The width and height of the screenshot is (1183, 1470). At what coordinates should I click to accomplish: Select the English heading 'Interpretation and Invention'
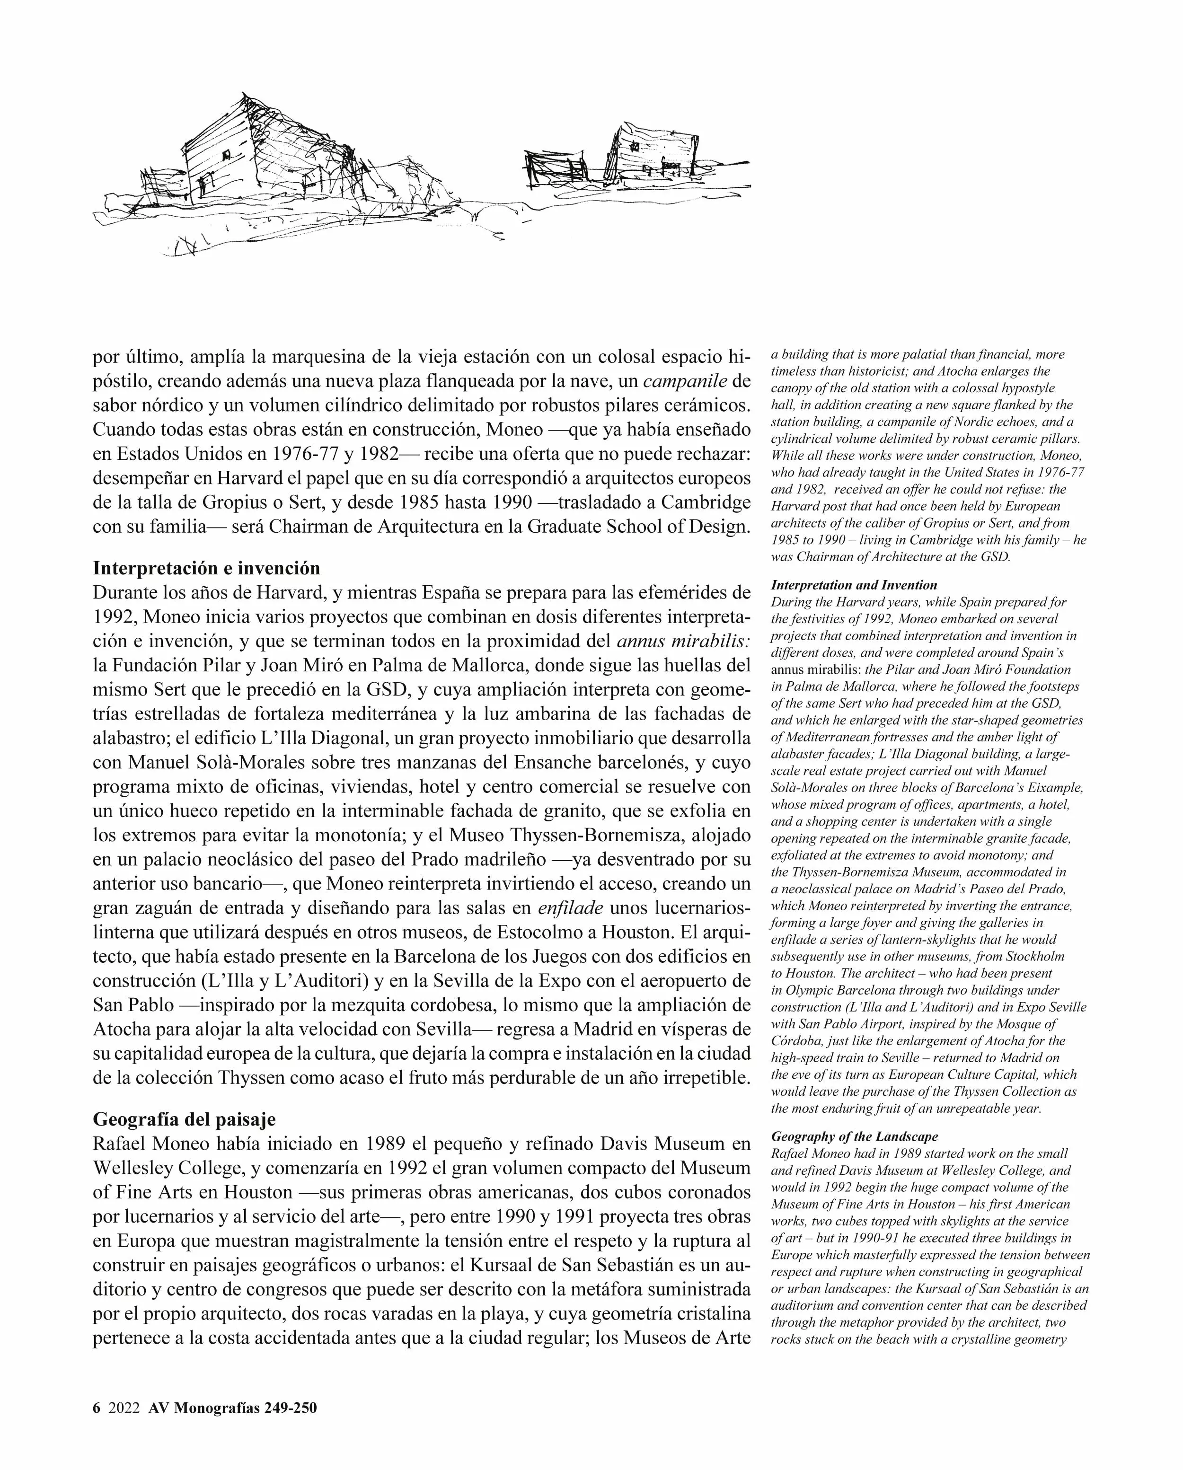[x=854, y=585]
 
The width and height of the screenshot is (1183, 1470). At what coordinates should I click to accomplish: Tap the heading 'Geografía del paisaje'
[x=184, y=1119]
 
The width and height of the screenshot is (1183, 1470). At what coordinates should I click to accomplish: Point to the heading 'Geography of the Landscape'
[x=854, y=1136]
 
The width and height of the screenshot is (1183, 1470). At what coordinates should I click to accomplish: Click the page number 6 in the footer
[x=96, y=1408]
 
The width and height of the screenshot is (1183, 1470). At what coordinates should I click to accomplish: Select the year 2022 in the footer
[x=124, y=1408]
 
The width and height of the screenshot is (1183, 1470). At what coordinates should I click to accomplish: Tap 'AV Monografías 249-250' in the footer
[x=232, y=1408]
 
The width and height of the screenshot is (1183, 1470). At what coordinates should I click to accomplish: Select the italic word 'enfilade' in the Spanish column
[x=570, y=908]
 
